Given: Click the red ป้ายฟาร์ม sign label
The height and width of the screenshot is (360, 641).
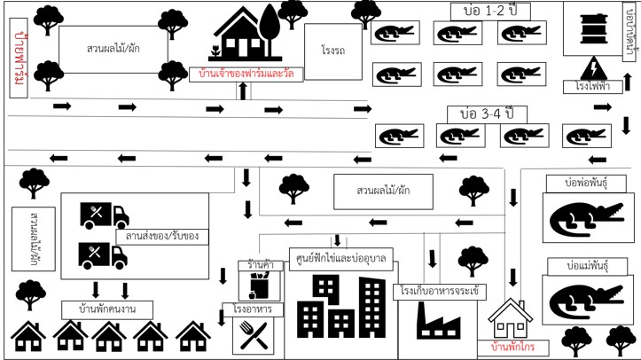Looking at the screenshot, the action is tap(19, 58).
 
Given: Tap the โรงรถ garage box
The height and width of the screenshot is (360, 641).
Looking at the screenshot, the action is tap(333, 51).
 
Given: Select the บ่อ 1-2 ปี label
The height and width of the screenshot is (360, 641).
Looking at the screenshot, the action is tap(490, 11).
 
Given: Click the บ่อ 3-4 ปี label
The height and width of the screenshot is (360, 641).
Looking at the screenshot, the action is tap(487, 114).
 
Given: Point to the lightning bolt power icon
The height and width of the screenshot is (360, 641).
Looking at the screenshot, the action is tap(594, 68).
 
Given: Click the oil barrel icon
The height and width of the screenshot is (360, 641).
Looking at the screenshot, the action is tap(594, 27).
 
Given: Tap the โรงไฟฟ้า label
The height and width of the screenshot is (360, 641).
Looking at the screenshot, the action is tap(593, 86).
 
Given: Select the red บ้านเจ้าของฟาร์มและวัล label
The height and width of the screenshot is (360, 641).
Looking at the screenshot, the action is tap(246, 74).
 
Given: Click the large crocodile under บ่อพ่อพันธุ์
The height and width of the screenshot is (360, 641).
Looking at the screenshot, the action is tap(587, 219).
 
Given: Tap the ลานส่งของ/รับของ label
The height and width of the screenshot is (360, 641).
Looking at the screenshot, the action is tap(162, 236).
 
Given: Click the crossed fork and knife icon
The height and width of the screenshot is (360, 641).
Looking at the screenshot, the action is tap(254, 335).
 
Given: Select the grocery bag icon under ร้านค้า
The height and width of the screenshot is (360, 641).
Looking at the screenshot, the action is tap(259, 286).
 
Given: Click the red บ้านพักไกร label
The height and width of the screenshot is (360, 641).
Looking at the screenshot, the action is tap(512, 348).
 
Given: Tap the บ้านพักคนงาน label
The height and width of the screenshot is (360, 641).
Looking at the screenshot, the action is tap(107, 309).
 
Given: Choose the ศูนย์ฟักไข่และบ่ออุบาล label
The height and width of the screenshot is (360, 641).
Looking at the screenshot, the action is tap(341, 258).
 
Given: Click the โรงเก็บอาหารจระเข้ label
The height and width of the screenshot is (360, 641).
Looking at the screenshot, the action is tap(440, 292).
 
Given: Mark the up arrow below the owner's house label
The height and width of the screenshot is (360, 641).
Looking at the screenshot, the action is tap(243, 91).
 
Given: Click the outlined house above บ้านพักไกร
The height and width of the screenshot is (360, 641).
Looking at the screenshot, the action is tap(510, 318).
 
